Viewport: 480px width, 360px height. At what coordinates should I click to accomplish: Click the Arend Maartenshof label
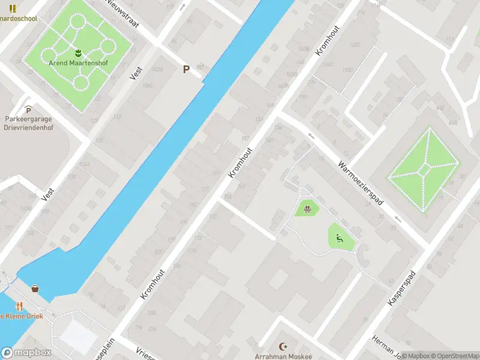[x=78, y=62]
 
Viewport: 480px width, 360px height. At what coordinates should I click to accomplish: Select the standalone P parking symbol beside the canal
[x=186, y=69]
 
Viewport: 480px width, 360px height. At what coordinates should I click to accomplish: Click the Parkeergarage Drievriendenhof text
[x=28, y=123]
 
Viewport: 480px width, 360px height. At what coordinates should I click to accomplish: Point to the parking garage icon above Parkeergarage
[x=28, y=109]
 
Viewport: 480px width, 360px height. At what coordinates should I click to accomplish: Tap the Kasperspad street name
[x=402, y=289]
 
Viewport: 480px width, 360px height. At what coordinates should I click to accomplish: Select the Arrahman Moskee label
[x=284, y=356]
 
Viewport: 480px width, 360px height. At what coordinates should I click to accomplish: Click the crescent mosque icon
[x=284, y=346]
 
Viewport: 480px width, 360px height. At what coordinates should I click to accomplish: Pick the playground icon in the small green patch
[x=307, y=209]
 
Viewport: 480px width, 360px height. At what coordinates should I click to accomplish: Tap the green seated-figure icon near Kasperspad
[x=340, y=238]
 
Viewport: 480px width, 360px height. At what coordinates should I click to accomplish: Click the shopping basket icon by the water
[x=35, y=289]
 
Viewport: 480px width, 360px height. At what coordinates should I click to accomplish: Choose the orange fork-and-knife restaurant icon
[x=19, y=305]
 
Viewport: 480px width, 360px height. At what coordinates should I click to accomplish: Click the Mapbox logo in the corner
[x=26, y=353]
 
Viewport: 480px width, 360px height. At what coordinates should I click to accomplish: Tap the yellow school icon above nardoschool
[x=13, y=8]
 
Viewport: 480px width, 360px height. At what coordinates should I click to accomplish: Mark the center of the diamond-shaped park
[x=424, y=170]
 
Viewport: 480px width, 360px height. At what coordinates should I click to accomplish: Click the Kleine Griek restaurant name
[x=18, y=316]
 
